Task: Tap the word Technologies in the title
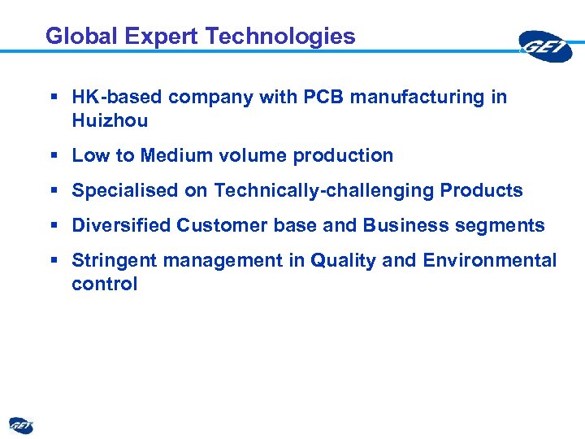(x=280, y=37)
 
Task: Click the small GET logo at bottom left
(x=21, y=425)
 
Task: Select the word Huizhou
(x=110, y=121)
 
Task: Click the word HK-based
(x=119, y=98)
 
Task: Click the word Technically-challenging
(x=324, y=191)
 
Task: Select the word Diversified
(x=121, y=226)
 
